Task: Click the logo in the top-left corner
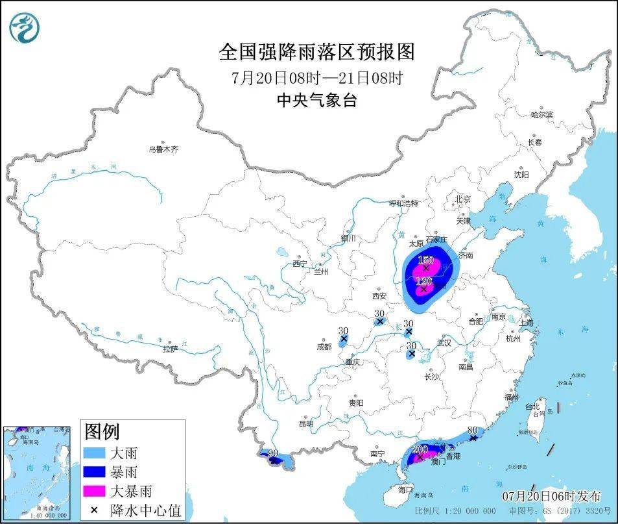[x=25, y=27]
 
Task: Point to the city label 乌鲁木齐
[x=162, y=149]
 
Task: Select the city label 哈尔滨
[x=541, y=115]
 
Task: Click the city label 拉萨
[x=171, y=349]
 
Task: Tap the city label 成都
[x=324, y=347]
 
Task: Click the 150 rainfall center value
[x=425, y=260]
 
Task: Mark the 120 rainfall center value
[x=423, y=281]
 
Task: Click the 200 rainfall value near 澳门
[x=420, y=449]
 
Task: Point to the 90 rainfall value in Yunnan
[x=272, y=453]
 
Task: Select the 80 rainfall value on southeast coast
[x=472, y=430]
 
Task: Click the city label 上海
[x=526, y=323]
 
